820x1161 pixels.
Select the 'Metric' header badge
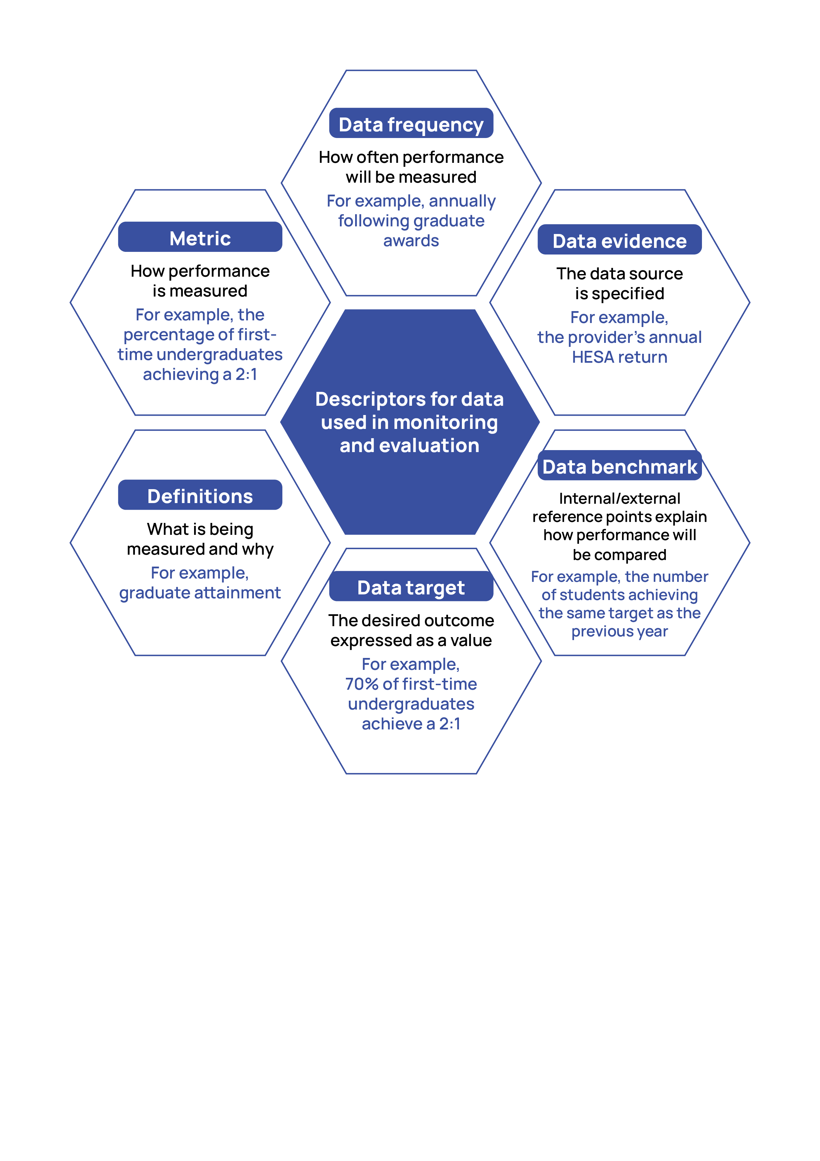[200, 237]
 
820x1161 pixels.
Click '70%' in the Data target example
[362, 684]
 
